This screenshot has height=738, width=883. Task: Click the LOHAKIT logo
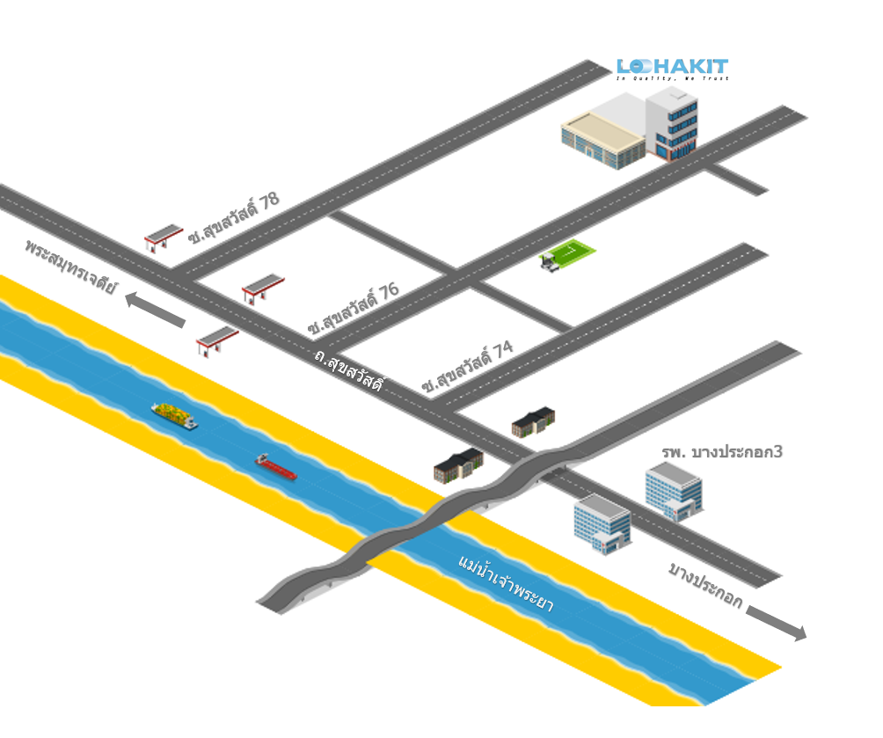coord(672,69)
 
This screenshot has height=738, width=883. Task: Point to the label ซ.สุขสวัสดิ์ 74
coord(467,367)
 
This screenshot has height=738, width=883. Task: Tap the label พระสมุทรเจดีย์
coord(70,265)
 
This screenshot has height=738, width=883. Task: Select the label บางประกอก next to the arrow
coord(704,586)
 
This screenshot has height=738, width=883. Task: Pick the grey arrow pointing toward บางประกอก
coord(776,623)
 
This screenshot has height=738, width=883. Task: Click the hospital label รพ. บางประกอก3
coord(722,452)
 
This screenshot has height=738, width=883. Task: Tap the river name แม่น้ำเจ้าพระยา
coord(505,584)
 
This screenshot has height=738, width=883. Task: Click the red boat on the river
coord(275,466)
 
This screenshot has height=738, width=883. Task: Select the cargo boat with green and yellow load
coord(174,415)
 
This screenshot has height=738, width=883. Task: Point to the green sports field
coord(568,255)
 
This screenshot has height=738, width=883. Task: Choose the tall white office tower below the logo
coord(672,123)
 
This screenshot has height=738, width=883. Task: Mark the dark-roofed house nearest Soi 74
coord(533,421)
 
